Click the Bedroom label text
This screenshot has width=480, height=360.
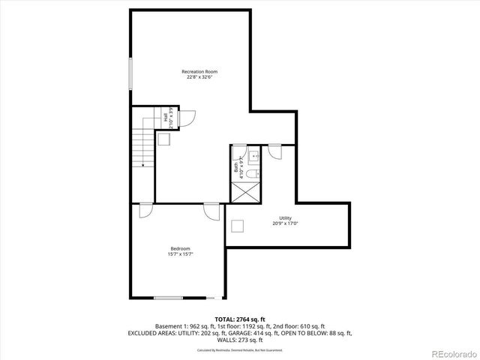pos(180,249)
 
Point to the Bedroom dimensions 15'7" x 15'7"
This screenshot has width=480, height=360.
pos(180,254)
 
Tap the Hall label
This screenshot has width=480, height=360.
pos(165,116)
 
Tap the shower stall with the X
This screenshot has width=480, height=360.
pos(245,192)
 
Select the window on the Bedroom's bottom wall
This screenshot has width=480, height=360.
pos(169,298)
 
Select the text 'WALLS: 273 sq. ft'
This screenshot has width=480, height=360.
pos(243,339)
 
